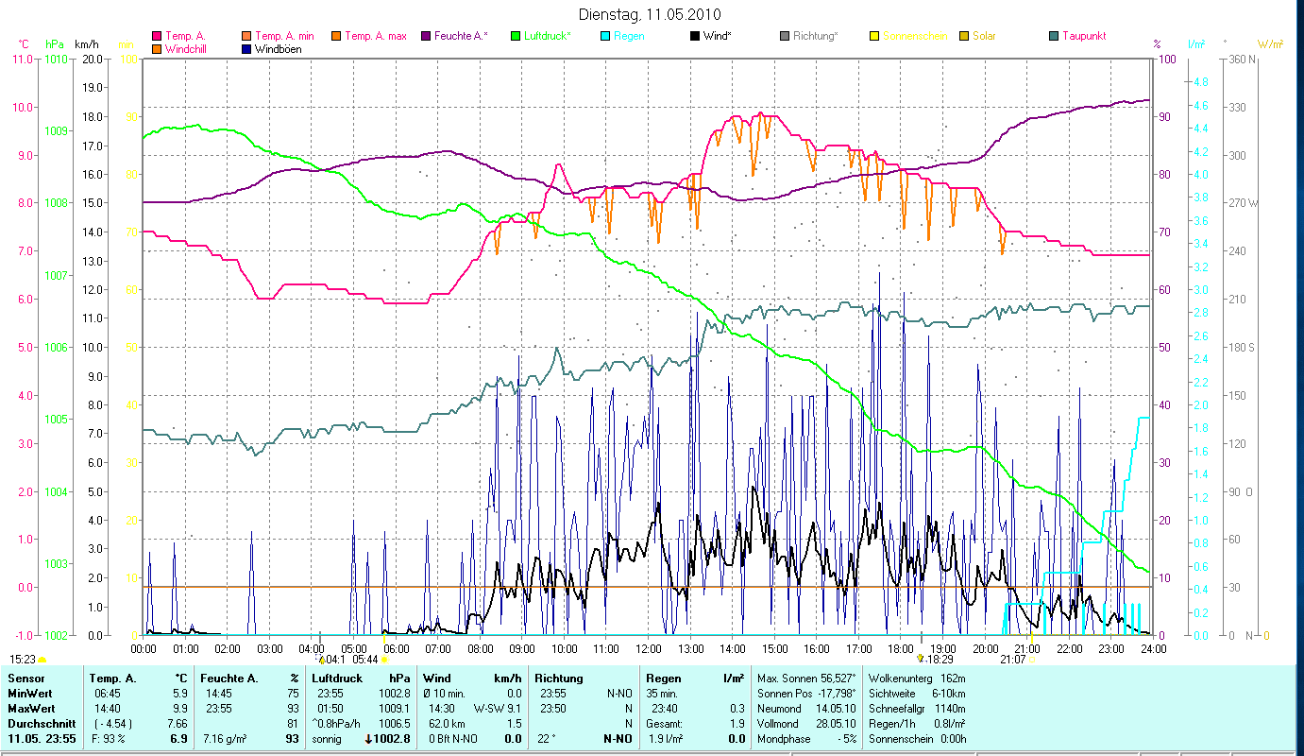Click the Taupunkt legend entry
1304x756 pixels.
(1083, 36)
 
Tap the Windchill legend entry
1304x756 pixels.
(189, 49)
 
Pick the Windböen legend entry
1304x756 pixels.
(278, 49)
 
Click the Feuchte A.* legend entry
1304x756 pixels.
(461, 36)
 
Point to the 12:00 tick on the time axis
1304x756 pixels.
(649, 649)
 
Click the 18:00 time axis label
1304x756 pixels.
(901, 649)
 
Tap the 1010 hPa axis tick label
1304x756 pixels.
(56, 59)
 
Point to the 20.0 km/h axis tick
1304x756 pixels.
(93, 59)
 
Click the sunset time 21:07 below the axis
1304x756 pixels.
(1012, 660)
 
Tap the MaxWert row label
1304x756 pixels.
(30, 708)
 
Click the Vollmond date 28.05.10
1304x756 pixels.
(835, 723)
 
